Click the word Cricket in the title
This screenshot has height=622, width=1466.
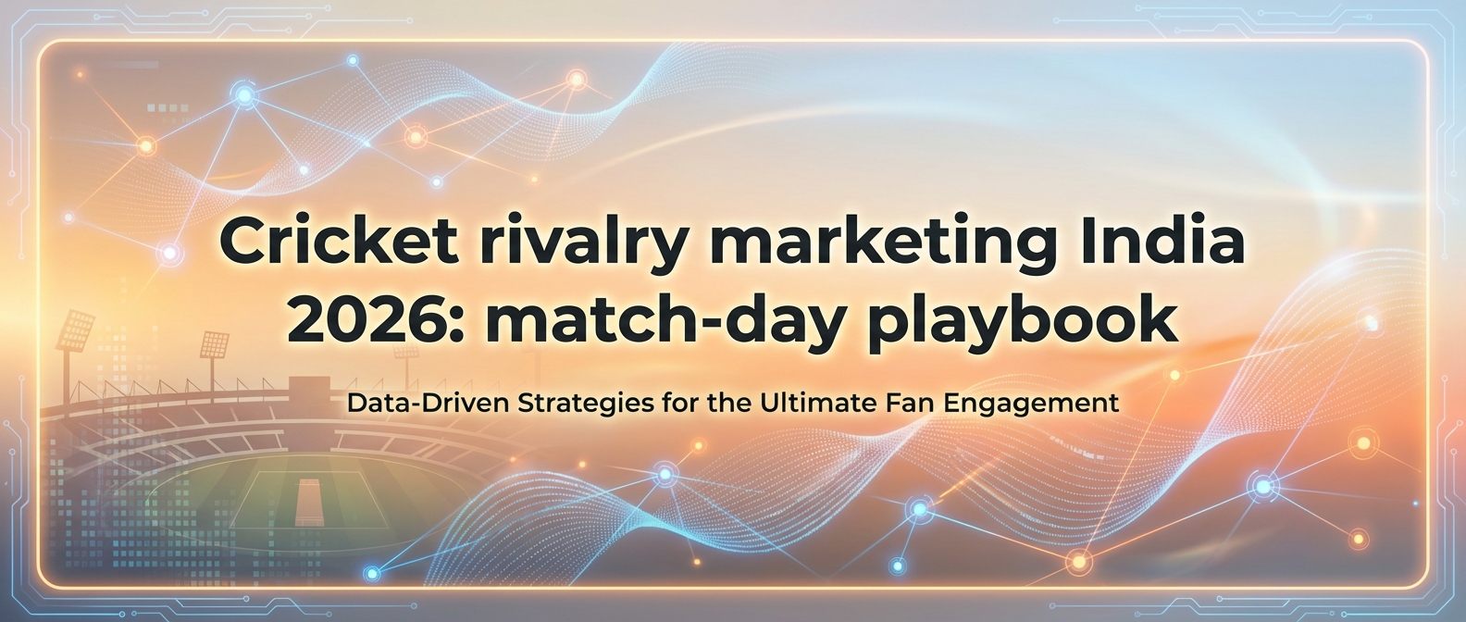click(x=338, y=243)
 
